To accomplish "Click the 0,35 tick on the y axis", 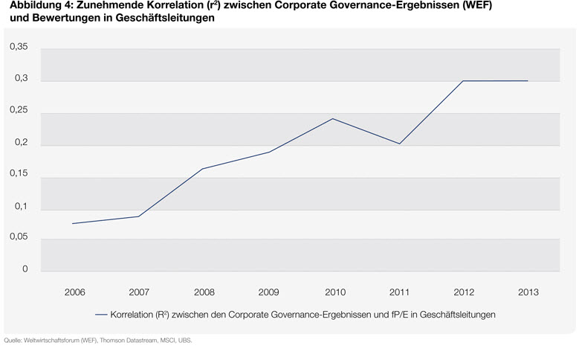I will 19,48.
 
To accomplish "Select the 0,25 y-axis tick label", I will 19,112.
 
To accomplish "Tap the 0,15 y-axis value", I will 19,175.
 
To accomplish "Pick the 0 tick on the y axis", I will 25,269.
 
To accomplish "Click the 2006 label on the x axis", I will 75,292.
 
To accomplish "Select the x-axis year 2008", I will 204,292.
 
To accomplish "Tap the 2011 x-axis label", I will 399,292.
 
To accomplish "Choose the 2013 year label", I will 528,292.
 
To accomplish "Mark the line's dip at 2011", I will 399,144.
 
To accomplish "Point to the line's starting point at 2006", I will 73,223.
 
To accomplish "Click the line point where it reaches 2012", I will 464,80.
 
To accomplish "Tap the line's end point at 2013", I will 528,80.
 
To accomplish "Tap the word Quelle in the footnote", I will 13,341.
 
